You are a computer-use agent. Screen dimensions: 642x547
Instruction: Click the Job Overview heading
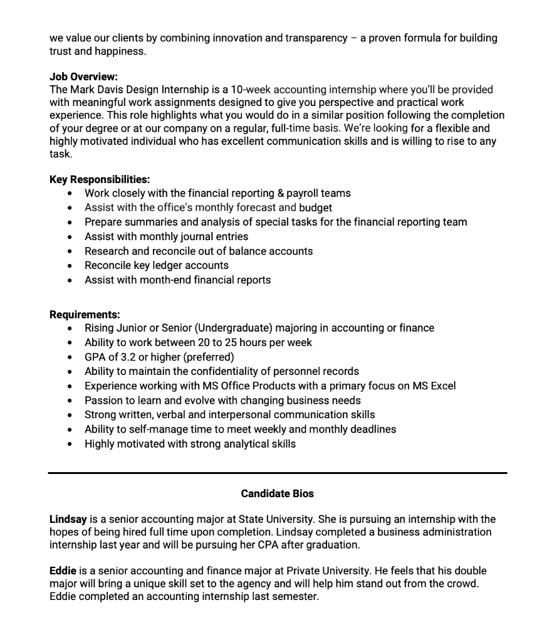(x=83, y=76)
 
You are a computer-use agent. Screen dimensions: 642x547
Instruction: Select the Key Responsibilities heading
(x=100, y=179)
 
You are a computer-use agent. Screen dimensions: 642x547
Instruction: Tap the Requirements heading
(x=85, y=314)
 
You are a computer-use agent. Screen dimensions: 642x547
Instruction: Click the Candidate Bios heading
(x=277, y=493)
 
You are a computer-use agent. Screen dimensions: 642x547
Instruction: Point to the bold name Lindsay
(x=68, y=519)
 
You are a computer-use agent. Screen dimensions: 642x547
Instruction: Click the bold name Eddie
(x=63, y=571)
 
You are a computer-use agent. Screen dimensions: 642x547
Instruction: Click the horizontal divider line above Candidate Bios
(x=277, y=473)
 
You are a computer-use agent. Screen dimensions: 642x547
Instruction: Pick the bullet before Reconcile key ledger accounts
(x=70, y=266)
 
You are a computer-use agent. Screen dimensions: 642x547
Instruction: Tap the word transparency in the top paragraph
(x=316, y=38)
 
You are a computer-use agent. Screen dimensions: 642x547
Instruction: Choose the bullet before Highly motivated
(x=70, y=445)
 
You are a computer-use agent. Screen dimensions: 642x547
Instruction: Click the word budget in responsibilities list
(x=315, y=208)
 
